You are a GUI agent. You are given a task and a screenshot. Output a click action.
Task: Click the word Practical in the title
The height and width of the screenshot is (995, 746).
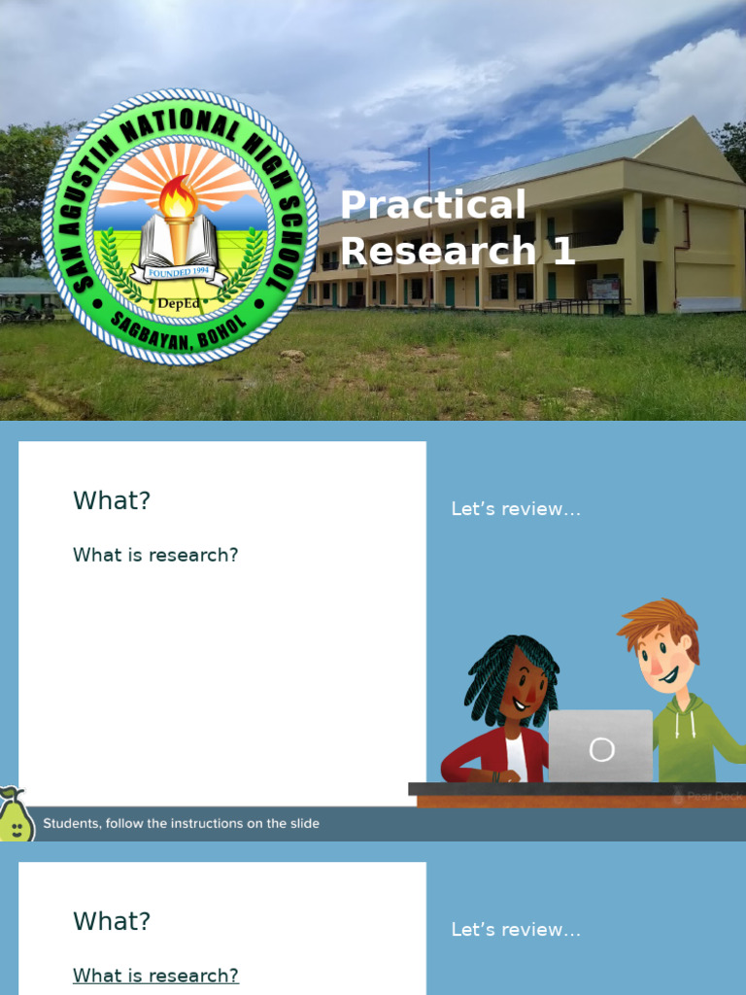[432, 205]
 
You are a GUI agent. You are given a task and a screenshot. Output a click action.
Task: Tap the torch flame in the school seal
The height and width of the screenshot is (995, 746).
[179, 198]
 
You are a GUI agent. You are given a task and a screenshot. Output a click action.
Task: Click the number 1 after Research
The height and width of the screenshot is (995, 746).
[563, 252]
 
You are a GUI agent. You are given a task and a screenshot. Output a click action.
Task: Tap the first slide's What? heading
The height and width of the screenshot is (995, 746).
[112, 501]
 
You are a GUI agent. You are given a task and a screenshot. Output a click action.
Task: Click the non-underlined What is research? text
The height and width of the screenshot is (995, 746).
[155, 555]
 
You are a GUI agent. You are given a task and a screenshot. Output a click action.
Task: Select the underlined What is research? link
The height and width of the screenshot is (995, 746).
[155, 976]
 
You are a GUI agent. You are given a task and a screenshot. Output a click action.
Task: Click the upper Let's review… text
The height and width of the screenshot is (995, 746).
[516, 509]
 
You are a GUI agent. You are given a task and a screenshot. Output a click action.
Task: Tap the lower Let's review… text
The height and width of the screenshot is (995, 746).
[516, 930]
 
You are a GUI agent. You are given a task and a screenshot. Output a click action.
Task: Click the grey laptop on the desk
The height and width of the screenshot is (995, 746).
[600, 746]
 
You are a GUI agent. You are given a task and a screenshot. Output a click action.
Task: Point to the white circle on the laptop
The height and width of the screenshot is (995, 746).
[602, 749]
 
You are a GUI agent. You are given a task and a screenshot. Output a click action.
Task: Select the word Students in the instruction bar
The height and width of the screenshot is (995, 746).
[70, 824]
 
